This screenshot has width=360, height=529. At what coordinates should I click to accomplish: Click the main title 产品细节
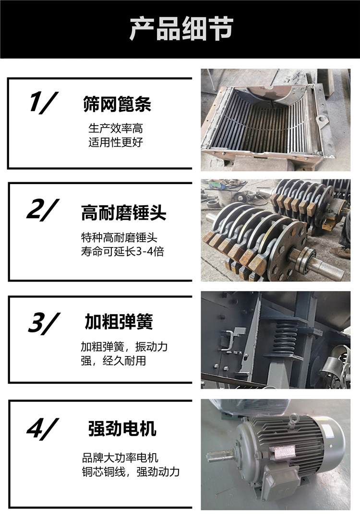point(181,29)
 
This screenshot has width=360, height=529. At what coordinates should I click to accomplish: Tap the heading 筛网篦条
point(117,104)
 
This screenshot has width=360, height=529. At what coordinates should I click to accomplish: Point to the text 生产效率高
point(116,128)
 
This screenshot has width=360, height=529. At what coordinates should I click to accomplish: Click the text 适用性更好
point(116,142)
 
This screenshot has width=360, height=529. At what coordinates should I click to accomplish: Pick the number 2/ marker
point(43,210)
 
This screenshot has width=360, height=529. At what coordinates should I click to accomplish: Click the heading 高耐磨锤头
point(124,213)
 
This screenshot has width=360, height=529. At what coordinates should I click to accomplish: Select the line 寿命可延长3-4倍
point(122,251)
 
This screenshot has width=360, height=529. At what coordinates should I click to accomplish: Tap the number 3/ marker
point(44,323)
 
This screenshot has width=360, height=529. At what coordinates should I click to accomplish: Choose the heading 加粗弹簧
point(119,321)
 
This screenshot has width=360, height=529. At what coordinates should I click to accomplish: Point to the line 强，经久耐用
point(113,361)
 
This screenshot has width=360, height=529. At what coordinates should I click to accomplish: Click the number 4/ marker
point(43,429)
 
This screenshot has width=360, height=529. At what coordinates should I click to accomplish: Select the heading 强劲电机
point(122,429)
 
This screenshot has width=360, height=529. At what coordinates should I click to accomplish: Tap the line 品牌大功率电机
point(120,458)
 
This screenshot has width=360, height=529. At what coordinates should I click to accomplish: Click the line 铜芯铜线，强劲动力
point(131,471)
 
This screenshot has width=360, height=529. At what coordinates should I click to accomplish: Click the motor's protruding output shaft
point(221,456)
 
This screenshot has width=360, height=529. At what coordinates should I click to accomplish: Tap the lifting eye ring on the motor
point(293,419)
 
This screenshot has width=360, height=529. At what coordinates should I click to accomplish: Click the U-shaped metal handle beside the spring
point(228,340)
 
